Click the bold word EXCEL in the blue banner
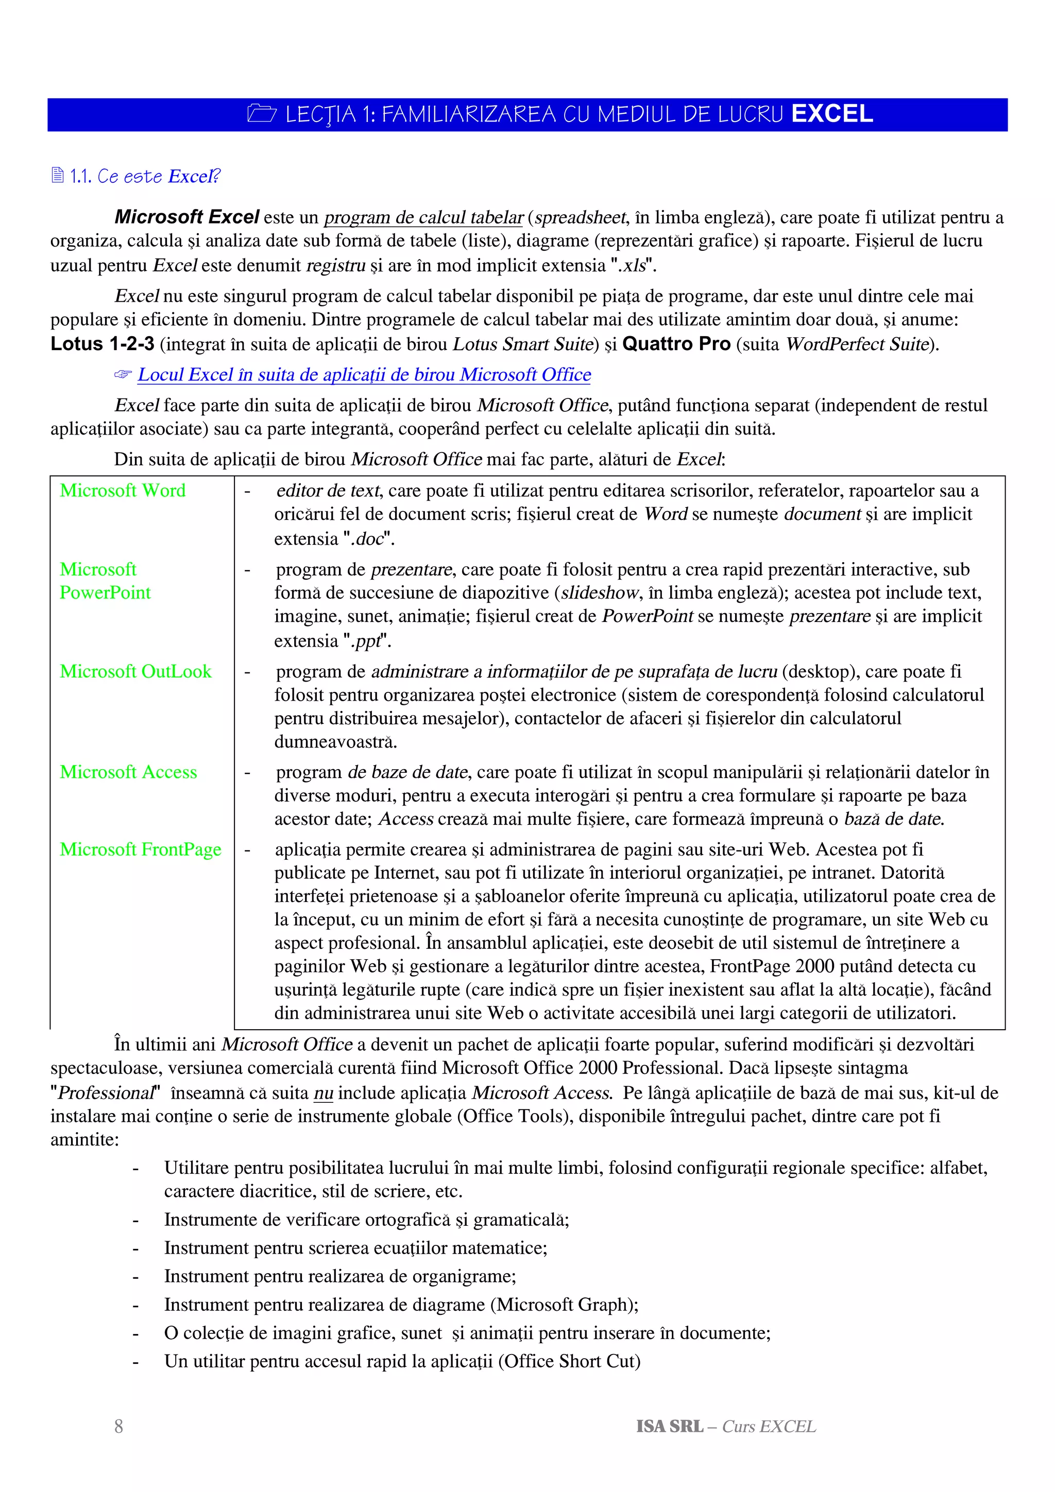point(831,114)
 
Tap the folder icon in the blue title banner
point(262,114)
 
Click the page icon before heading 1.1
point(57,176)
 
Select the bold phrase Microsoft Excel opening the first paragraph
point(186,217)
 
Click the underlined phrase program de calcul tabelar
point(423,218)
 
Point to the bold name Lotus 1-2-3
point(102,344)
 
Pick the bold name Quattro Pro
point(676,344)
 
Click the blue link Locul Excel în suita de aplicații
point(364,375)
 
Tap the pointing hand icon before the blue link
point(122,375)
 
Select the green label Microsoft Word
point(122,491)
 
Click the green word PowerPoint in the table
point(105,593)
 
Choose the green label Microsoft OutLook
point(135,671)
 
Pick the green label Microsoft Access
point(128,772)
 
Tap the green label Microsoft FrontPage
point(141,849)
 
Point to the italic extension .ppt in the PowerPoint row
point(365,641)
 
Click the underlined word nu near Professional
point(323,1093)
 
